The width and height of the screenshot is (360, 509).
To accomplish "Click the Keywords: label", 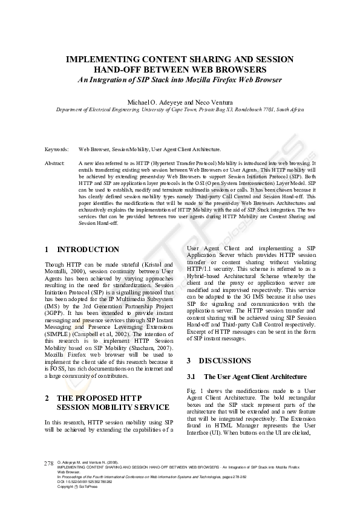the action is point(56,149).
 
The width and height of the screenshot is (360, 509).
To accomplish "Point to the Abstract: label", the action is point(55,163).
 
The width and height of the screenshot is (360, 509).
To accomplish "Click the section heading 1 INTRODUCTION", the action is point(82,250).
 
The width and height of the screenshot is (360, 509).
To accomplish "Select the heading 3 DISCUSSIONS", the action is point(218,361).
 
